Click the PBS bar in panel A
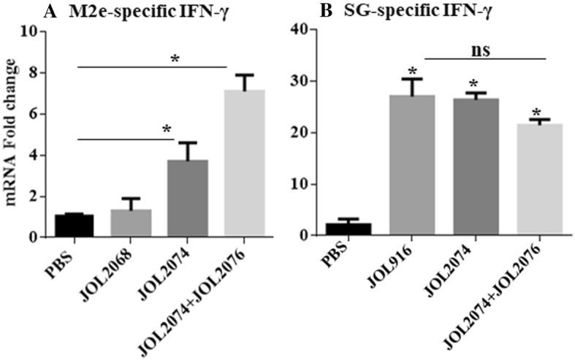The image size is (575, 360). (x=74, y=226)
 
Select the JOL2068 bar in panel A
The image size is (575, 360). (x=131, y=223)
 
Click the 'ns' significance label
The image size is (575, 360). (x=479, y=49)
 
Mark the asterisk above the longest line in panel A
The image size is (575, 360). (x=174, y=58)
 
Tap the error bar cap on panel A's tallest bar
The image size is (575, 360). (x=245, y=74)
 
